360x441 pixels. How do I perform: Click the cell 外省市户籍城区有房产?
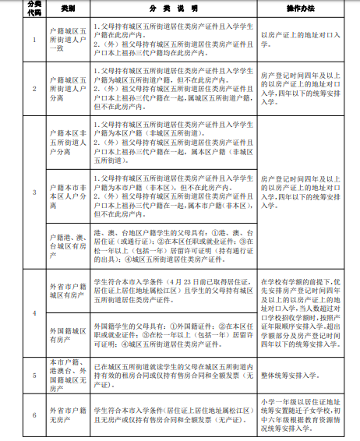[x=65, y=291]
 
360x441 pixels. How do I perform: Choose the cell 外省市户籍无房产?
[x=65, y=412]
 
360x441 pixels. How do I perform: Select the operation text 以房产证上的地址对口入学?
[x=301, y=35]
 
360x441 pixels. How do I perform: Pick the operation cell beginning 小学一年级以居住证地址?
[x=301, y=412]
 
